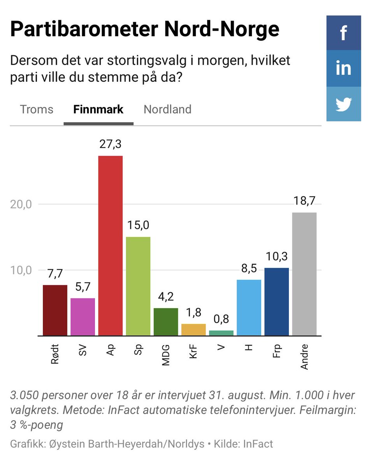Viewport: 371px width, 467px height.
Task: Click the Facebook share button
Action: [343, 33]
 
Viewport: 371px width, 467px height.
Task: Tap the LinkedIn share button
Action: [343, 68]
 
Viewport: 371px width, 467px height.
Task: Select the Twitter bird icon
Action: [343, 104]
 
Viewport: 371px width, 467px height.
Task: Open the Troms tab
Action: [37, 109]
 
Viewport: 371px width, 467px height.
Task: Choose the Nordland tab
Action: [167, 109]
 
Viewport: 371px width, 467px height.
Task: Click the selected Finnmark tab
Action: [98, 109]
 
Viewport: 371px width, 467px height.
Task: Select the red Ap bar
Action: [110, 245]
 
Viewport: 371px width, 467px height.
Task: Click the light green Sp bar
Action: [138, 286]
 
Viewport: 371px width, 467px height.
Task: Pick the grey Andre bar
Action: [304, 274]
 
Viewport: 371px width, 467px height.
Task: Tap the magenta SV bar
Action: [83, 317]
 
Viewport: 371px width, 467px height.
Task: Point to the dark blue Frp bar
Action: [276, 302]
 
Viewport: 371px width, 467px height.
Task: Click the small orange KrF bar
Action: [193, 330]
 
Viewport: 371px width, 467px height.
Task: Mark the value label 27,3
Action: [110, 145]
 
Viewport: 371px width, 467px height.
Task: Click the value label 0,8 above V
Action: [221, 320]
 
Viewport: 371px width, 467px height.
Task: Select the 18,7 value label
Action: [304, 202]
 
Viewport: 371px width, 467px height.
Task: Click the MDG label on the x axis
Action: [166, 355]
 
